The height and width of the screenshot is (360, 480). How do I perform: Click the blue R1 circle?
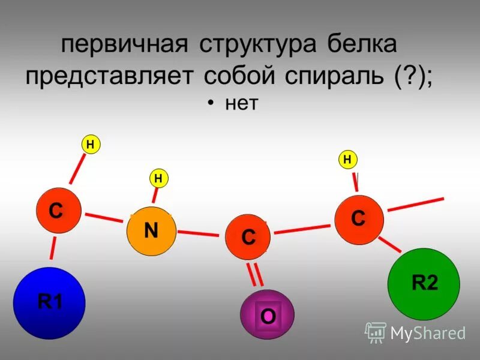[x=49, y=303]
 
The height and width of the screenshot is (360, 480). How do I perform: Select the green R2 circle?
[x=424, y=284]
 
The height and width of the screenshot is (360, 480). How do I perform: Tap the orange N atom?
[x=151, y=231]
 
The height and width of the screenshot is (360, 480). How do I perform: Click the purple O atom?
[x=268, y=314]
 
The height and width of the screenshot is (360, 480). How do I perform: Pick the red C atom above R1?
[x=58, y=211]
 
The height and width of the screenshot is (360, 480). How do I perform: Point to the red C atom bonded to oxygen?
[x=247, y=237]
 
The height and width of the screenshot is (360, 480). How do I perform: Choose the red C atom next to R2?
[x=359, y=220]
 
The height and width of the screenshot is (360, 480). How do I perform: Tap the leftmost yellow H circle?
[x=90, y=144]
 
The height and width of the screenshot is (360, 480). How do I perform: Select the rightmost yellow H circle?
[x=347, y=159]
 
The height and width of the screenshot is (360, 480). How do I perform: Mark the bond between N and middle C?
[x=198, y=233]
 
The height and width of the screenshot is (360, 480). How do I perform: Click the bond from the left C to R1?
[x=53, y=251]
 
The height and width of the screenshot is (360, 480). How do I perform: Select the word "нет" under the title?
[x=241, y=104]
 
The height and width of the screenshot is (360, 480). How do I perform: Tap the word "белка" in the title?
[x=362, y=45]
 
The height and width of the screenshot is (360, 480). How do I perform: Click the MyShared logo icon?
[x=376, y=332]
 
